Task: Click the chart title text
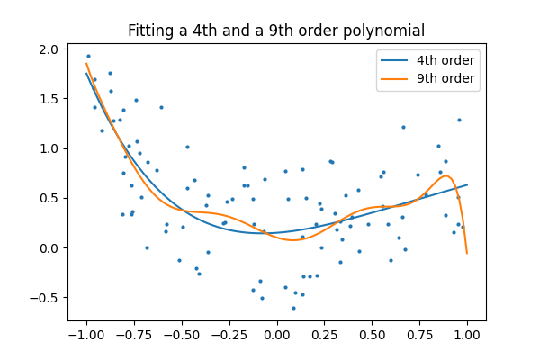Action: click(x=276, y=31)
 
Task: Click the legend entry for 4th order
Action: click(x=445, y=60)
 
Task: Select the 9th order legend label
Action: click(x=445, y=78)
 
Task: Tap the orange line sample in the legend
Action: click(x=396, y=78)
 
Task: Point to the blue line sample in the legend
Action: click(x=396, y=60)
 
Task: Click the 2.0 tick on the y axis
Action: click(x=50, y=49)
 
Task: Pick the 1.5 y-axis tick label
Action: click(x=50, y=99)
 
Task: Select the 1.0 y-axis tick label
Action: click(x=50, y=148)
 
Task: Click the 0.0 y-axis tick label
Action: click(x=50, y=247)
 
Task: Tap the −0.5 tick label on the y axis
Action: click(x=47, y=297)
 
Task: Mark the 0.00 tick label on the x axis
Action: click(x=276, y=334)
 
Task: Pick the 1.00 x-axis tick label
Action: click(x=467, y=334)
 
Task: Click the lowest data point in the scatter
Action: click(x=293, y=308)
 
